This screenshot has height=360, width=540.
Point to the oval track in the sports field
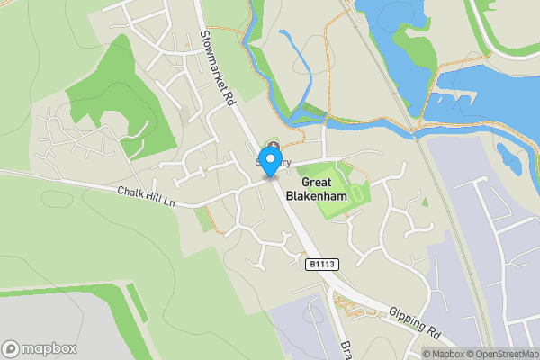click(x=358, y=193)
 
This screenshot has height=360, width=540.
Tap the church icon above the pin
click(x=274, y=147)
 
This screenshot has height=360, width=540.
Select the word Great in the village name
click(x=310, y=180)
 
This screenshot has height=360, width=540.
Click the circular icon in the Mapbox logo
click(x=12, y=348)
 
